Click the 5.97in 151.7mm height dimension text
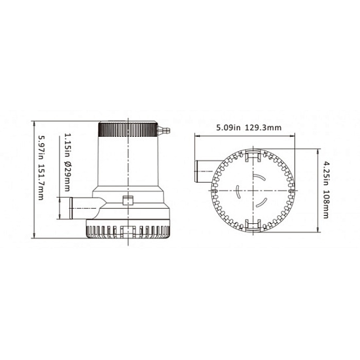coord(41,168)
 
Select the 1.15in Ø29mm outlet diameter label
coord(67,162)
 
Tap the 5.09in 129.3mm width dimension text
coord(249,128)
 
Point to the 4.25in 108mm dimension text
coord(326,190)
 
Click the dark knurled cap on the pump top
coord(128,130)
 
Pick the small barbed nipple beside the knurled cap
coord(164,130)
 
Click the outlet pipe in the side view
coord(86,208)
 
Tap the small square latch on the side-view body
coord(128,200)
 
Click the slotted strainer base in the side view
coord(128,229)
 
